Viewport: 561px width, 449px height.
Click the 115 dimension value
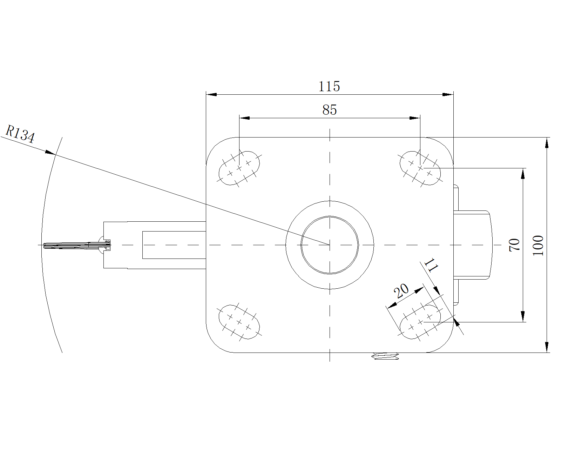coord(329,86)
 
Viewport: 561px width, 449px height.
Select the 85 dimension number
coord(330,109)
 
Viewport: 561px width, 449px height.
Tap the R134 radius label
coord(20,134)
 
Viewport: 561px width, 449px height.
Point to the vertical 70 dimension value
coord(514,245)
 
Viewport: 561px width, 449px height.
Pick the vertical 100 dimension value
coord(538,246)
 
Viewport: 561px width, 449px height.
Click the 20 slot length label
coord(401,291)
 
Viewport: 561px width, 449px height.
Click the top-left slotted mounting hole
coord(239,168)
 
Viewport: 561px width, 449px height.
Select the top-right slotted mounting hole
coord(420,168)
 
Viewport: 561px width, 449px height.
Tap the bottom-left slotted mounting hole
coord(239,322)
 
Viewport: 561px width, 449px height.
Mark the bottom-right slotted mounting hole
coord(420,322)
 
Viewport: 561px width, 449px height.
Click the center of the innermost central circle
coord(330,245)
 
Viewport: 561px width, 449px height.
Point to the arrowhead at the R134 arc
coord(50,152)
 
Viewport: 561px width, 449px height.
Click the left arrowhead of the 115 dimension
coord(211,94)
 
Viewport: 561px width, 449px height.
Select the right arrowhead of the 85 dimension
coord(415,118)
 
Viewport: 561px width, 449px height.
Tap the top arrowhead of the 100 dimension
coord(547,143)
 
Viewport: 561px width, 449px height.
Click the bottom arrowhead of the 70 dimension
coord(523,316)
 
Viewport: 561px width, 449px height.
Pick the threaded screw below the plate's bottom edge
coord(386,356)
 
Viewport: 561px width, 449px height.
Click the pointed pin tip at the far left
coord(44,246)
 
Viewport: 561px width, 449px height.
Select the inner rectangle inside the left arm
coord(174,245)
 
